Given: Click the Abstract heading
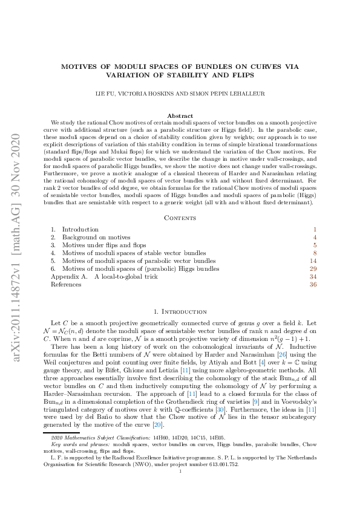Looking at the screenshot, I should tap(180, 115).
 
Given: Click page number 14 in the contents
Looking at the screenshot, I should tap(313, 261).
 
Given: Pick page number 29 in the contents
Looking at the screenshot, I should tap(313, 268).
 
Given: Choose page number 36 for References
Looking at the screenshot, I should tap(313, 284).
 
